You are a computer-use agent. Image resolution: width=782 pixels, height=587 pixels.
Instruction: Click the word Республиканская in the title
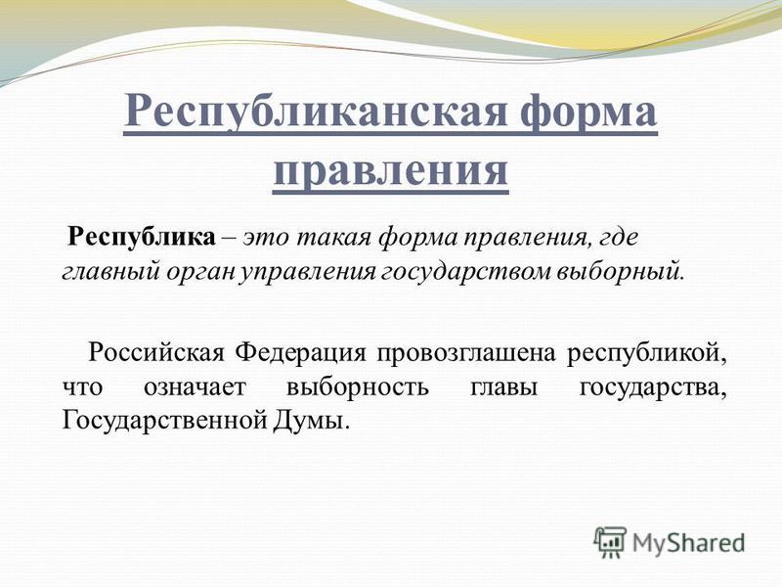tap(315, 112)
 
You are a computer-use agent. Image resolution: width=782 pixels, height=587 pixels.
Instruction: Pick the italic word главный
tap(111, 273)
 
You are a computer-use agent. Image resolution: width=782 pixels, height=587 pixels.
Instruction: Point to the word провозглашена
tap(466, 354)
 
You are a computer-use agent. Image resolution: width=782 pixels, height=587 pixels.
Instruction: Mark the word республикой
tap(646, 354)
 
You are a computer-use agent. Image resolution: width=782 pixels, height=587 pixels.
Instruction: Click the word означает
tap(195, 387)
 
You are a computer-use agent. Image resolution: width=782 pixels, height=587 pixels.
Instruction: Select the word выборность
tap(357, 386)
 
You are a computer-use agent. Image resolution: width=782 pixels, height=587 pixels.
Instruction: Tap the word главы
tap(503, 387)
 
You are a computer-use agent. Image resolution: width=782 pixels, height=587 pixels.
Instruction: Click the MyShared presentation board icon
tap(609, 542)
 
